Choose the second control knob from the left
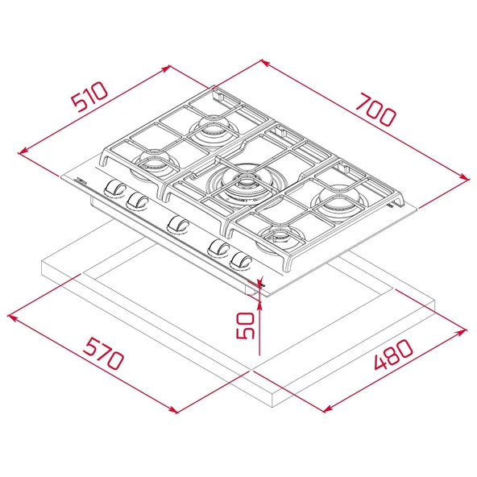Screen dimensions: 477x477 (x=138, y=201)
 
